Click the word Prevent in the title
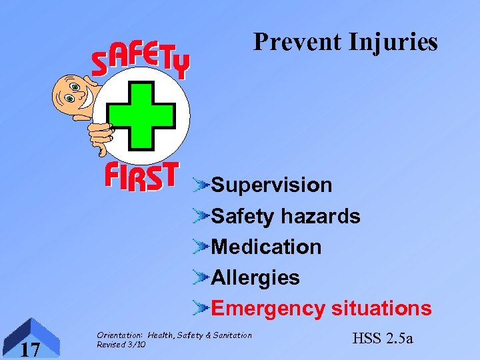tap(295, 42)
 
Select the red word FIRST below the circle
tap(141, 177)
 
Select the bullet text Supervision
tap(271, 185)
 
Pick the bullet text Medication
tap(266, 247)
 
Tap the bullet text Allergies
tap(255, 277)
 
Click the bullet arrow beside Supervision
tap(201, 185)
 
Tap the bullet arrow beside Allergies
tap(201, 277)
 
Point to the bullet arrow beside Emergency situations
tap(201, 308)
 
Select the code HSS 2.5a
tap(381, 338)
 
